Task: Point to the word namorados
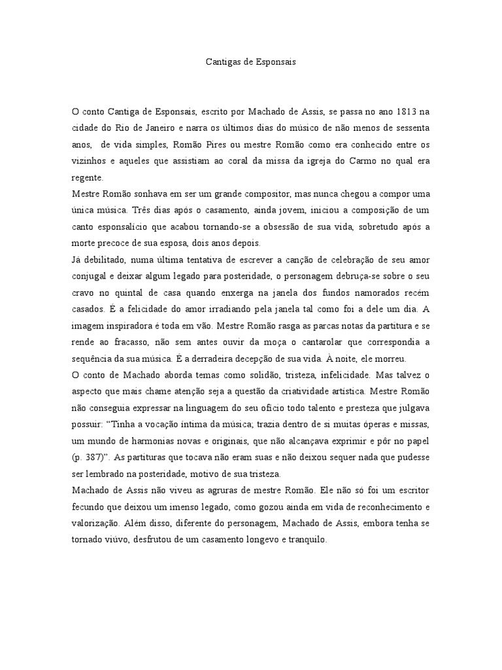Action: (363, 294)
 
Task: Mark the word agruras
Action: (213, 490)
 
